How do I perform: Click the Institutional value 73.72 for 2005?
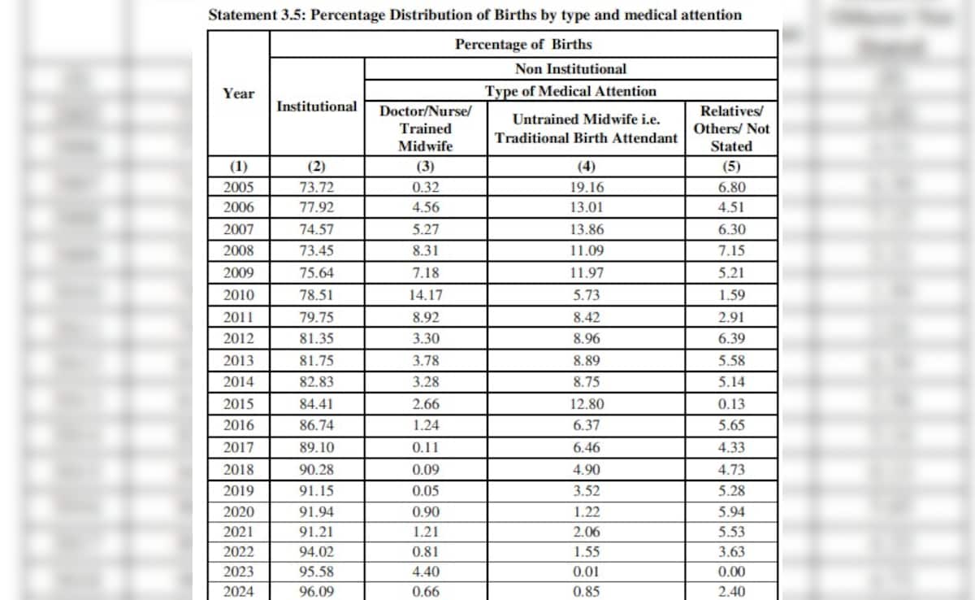tap(316, 186)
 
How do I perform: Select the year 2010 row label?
tap(238, 295)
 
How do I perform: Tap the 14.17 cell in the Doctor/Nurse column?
tap(426, 295)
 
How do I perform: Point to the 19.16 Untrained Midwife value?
tap(586, 186)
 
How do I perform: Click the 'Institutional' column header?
tap(316, 107)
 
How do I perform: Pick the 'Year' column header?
tap(238, 93)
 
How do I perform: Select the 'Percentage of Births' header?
tap(522, 44)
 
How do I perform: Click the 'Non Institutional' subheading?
tap(570, 69)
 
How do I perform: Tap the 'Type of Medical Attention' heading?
tap(570, 91)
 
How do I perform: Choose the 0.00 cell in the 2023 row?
tap(730, 571)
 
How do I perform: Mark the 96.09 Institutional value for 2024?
tap(316, 592)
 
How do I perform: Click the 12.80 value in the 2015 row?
tap(586, 403)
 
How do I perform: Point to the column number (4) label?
tap(586, 167)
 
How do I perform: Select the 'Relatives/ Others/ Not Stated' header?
tap(730, 128)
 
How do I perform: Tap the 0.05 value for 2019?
tap(426, 490)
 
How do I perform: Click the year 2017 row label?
tap(238, 447)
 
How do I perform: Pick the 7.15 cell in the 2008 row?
tap(730, 251)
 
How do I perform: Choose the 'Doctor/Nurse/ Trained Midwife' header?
tap(426, 128)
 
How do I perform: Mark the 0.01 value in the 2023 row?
tap(586, 571)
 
